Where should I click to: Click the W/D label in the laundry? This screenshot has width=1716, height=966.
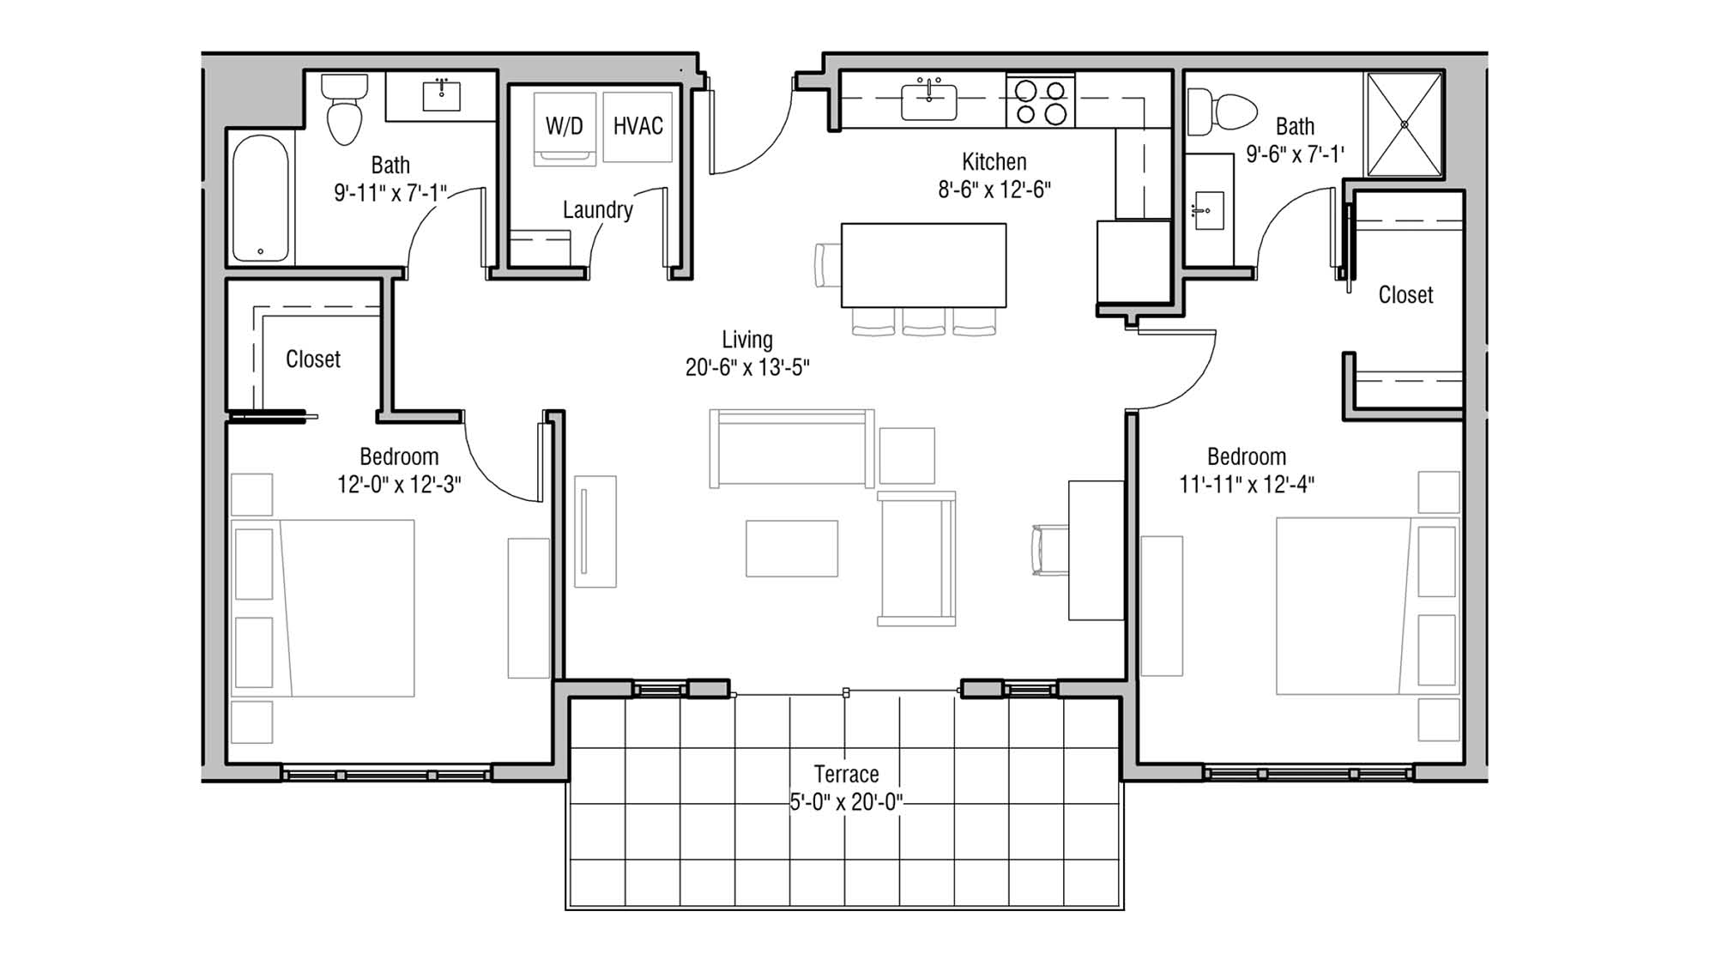[564, 126]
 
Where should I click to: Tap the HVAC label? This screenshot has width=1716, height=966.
[637, 126]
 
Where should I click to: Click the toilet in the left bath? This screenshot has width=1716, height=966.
[345, 112]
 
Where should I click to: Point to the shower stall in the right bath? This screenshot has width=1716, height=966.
[1404, 124]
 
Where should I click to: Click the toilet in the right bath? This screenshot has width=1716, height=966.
[1223, 112]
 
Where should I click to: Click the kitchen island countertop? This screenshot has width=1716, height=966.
[923, 265]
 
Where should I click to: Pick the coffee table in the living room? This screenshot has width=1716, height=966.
[791, 548]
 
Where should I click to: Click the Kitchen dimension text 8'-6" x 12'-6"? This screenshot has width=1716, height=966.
[994, 190]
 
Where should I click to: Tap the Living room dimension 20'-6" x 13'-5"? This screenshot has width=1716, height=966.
[746, 367]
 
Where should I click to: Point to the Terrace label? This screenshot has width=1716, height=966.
[846, 775]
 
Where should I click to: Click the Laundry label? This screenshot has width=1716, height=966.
[597, 210]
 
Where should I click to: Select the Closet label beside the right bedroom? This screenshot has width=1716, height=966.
[1405, 295]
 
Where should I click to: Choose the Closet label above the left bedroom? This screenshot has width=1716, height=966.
[312, 359]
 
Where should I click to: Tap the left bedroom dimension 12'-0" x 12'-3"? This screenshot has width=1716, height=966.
[398, 485]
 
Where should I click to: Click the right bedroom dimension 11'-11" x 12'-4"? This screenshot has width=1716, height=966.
[1246, 485]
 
